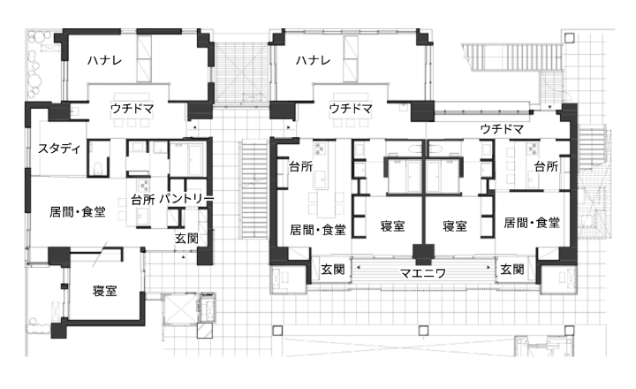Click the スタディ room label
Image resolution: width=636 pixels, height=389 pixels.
point(59,149)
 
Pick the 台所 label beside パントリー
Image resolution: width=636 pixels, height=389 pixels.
point(143,200)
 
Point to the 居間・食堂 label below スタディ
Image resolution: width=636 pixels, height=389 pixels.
point(77,212)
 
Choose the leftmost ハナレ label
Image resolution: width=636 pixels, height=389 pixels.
point(104,60)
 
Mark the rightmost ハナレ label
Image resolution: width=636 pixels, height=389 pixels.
point(314,60)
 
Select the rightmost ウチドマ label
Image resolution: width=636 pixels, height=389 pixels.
point(502,130)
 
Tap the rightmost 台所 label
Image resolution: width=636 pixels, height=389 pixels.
point(546,167)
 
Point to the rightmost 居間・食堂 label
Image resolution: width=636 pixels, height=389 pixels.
point(531,224)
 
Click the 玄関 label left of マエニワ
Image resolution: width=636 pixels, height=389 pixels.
point(332,270)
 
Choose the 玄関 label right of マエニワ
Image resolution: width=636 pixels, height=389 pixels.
point(511,270)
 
